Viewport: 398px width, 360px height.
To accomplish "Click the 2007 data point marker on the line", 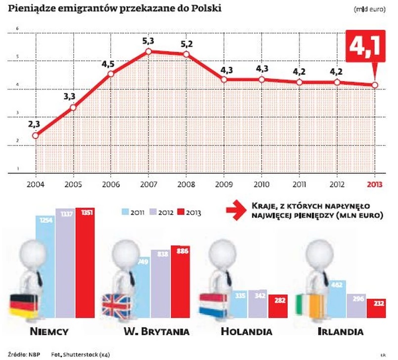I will [x=148, y=51].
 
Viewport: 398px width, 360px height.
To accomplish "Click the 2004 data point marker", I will [x=35, y=135].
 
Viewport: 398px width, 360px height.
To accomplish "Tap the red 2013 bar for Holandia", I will [x=278, y=306].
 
